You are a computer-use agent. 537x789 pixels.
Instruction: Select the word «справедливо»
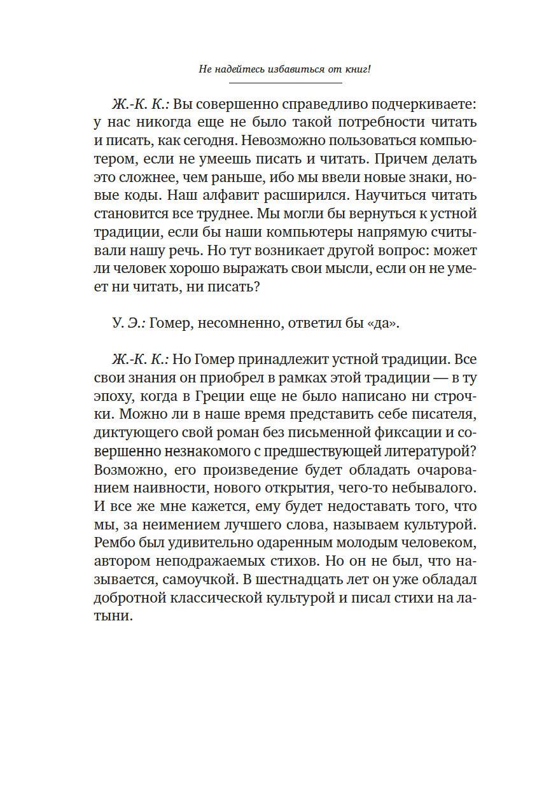[312, 104]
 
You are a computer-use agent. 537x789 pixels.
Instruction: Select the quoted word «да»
[386, 324]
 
